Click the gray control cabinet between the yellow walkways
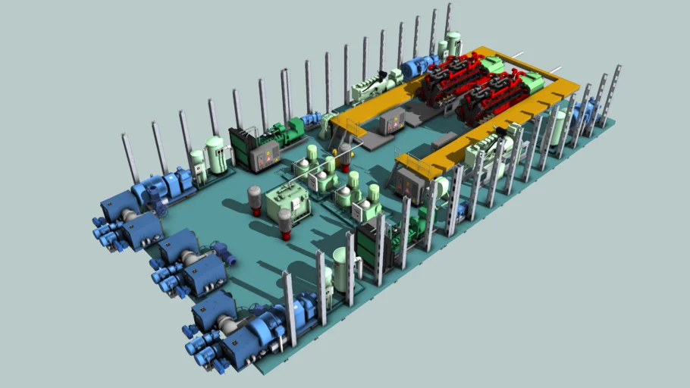pyautogui.click(x=393, y=120)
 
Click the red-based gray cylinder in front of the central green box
pyautogui.click(x=285, y=224)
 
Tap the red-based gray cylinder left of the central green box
pyautogui.click(x=255, y=200)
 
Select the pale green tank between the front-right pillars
pyautogui.click(x=342, y=268)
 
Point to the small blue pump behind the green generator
pyautogui.click(x=311, y=120)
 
